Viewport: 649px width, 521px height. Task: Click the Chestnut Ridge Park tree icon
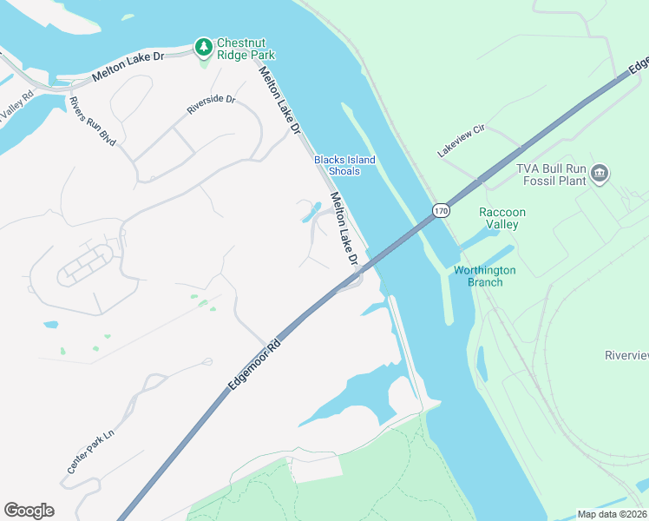pos(203,45)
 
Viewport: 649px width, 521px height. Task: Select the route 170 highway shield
pos(442,210)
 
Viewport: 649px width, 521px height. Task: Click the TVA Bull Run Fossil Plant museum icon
pos(600,175)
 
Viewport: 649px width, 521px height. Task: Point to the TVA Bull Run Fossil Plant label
pos(552,175)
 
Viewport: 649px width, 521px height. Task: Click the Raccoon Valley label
pos(502,218)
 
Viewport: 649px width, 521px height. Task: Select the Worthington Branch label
pos(484,276)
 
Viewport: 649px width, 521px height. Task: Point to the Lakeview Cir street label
pos(461,140)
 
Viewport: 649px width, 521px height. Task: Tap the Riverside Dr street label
pos(212,105)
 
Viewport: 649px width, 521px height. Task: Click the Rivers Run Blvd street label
pos(93,119)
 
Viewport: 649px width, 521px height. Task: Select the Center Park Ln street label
pos(90,452)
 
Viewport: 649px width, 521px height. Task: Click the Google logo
pos(29,511)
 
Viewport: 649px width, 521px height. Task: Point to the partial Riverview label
pos(626,355)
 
